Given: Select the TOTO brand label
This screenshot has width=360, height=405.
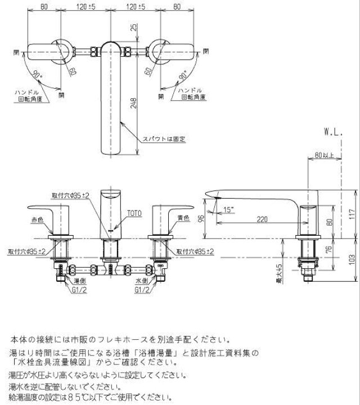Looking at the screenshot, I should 133,213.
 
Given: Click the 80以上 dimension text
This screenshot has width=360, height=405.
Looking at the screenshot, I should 325,155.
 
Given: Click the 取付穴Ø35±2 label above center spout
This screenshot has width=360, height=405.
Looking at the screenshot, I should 71,195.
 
